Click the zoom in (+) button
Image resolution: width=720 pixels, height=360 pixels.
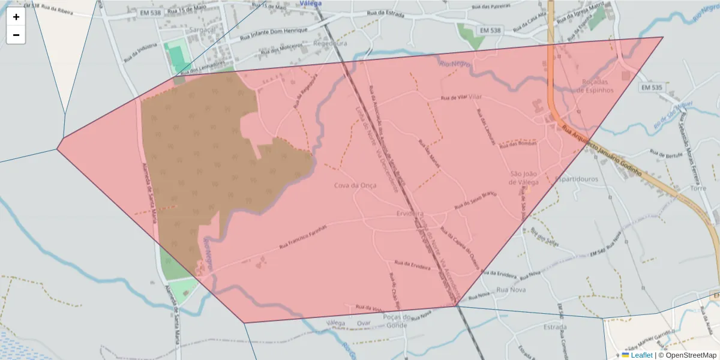(x=16, y=17)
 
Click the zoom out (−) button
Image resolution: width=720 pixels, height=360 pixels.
(x=16, y=35)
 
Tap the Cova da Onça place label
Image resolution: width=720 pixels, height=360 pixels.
(x=355, y=185)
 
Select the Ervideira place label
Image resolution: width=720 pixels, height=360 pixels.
(x=410, y=214)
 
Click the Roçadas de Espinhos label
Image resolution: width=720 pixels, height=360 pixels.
(x=595, y=86)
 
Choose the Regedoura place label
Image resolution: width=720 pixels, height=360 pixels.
(x=330, y=44)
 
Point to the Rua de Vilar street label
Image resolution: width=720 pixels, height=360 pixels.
(x=454, y=97)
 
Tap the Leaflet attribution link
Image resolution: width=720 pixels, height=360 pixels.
(x=641, y=355)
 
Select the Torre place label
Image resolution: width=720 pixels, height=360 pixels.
(x=698, y=188)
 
